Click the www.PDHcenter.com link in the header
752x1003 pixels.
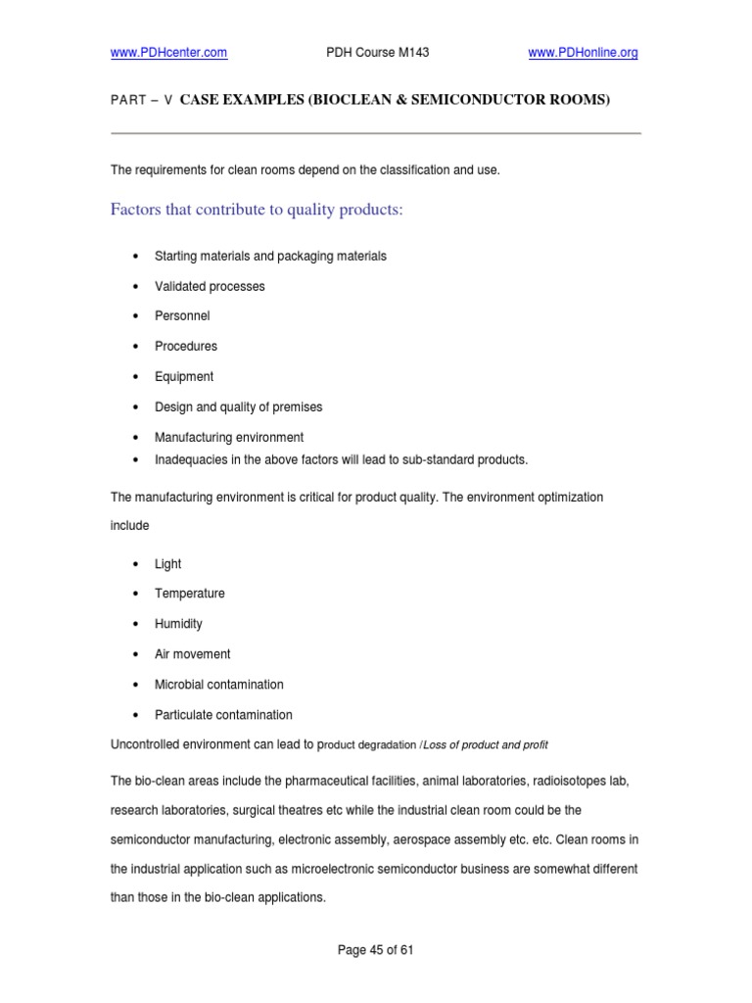(x=168, y=53)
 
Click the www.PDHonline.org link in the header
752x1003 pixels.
(x=583, y=53)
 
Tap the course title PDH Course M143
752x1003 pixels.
(x=377, y=53)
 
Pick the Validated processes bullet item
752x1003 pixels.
(x=210, y=286)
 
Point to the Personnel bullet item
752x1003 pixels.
(x=182, y=316)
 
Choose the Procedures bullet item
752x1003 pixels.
(x=186, y=346)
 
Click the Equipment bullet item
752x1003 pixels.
(x=184, y=376)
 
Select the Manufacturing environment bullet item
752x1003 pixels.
(x=229, y=437)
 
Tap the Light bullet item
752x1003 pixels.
(x=167, y=563)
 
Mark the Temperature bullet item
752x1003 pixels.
(x=189, y=593)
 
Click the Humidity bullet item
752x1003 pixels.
(x=178, y=623)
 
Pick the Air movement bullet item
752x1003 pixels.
(x=193, y=653)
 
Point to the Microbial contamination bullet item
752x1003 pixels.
(x=218, y=684)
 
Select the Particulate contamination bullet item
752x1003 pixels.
(x=223, y=714)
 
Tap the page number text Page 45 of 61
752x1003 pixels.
(x=376, y=949)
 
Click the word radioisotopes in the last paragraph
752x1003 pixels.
(x=575, y=781)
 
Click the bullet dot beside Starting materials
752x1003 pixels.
(x=133, y=256)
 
